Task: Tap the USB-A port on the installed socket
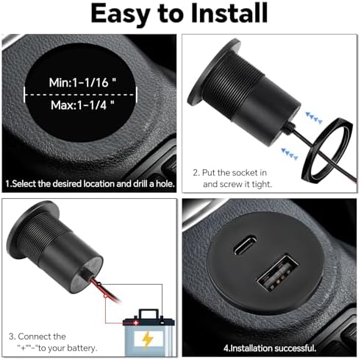(269, 283)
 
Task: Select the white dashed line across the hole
(83, 93)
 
